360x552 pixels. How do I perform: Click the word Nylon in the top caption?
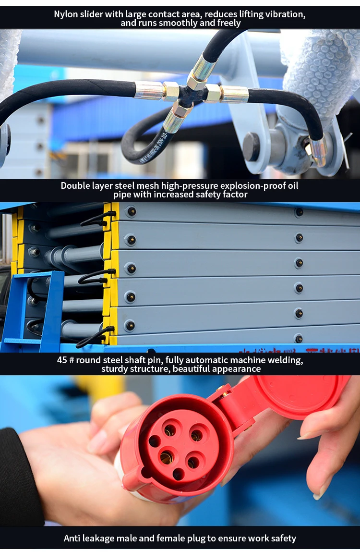click(65, 13)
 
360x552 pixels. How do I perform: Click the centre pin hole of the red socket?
click(167, 455)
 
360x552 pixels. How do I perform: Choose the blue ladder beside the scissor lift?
click(36, 312)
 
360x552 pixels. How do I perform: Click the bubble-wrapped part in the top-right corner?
click(322, 67)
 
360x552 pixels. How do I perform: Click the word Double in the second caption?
click(76, 185)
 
